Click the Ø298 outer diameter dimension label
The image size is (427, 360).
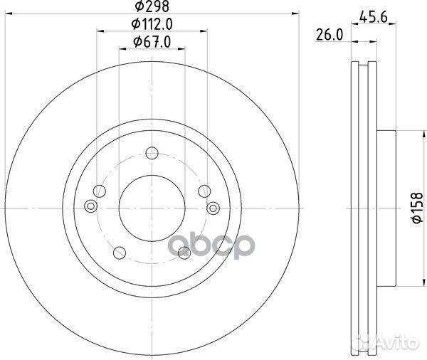[152, 6]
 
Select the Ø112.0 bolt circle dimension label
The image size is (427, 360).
[152, 24]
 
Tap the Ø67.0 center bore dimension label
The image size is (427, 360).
[152, 42]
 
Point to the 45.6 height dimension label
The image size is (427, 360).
[373, 18]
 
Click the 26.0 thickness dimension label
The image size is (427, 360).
[330, 35]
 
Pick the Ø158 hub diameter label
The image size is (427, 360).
[417, 208]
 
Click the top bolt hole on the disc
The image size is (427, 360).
[152, 153]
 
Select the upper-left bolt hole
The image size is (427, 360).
[100, 191]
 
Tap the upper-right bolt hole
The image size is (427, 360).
[204, 191]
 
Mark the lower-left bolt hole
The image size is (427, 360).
[120, 253]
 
